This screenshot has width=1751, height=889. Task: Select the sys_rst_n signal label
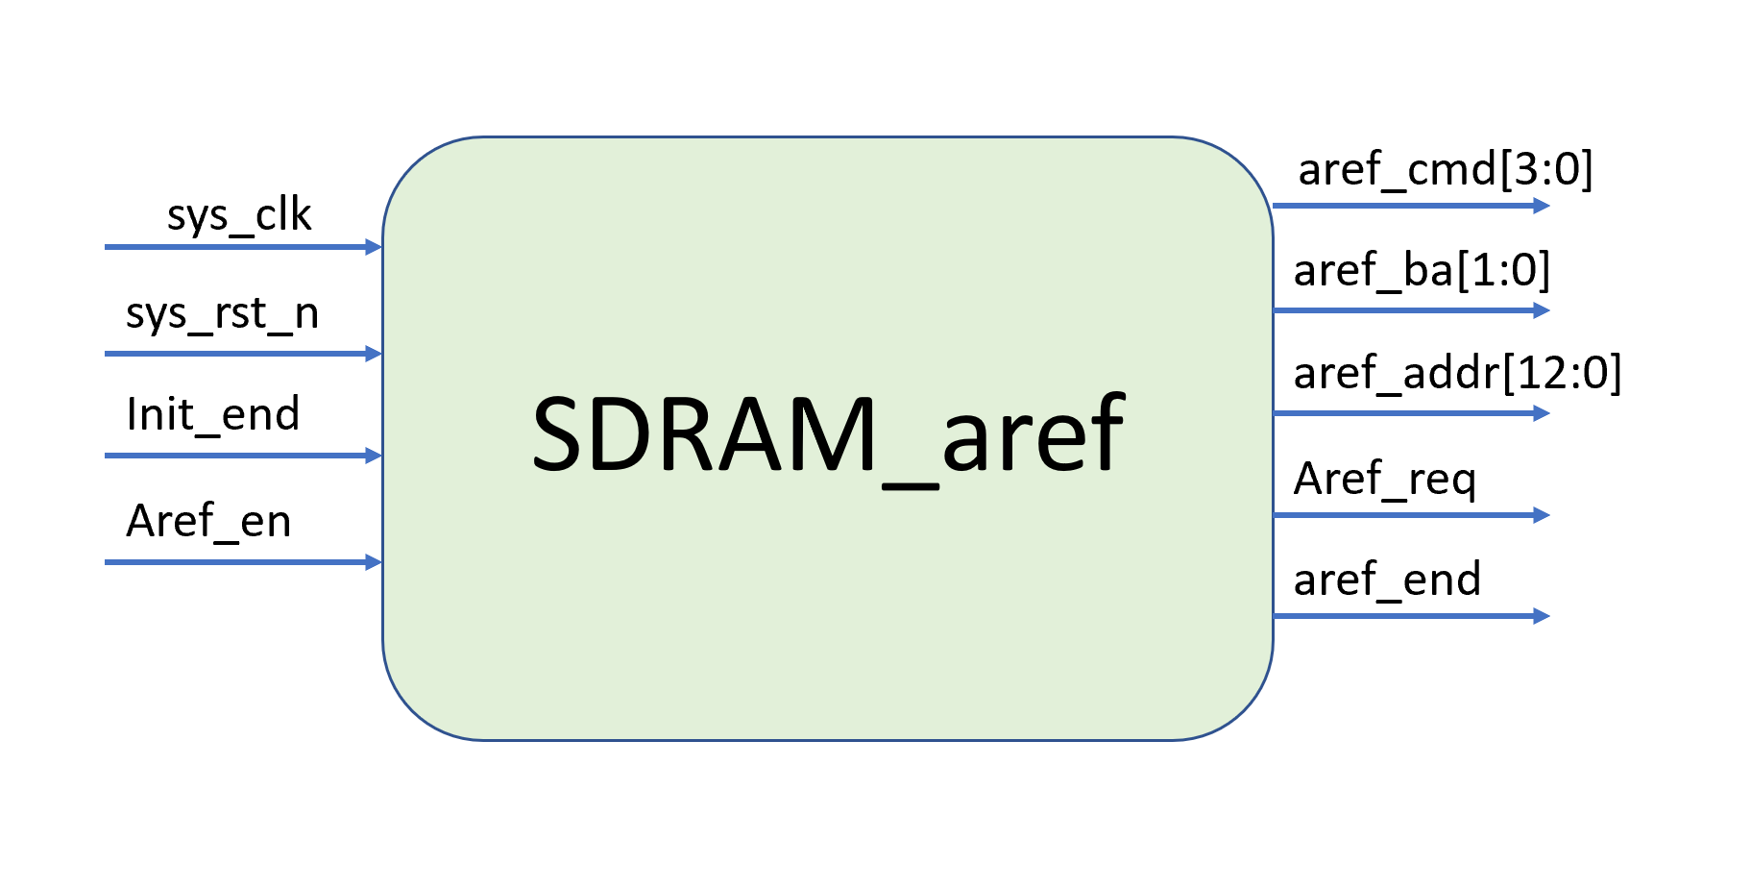click(x=222, y=314)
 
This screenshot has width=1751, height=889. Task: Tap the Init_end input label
click(x=212, y=414)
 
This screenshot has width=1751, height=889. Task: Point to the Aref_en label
click(x=208, y=521)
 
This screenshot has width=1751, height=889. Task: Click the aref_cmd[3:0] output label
click(x=1446, y=170)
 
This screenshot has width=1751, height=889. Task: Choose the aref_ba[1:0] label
click(x=1422, y=271)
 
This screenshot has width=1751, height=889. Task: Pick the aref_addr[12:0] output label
click(x=1457, y=373)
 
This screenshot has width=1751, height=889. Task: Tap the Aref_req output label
click(x=1384, y=479)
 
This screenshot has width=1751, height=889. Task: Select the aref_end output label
click(x=1387, y=580)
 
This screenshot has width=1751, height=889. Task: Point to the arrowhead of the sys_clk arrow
click(x=375, y=247)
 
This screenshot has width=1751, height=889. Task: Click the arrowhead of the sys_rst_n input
click(x=375, y=354)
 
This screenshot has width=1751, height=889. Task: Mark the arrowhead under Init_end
click(x=375, y=456)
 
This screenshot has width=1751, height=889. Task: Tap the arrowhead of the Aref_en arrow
click(x=375, y=562)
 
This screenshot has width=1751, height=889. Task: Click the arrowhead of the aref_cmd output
click(x=1542, y=206)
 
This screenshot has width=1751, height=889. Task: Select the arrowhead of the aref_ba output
click(x=1542, y=310)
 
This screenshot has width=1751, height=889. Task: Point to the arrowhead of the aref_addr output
click(x=1542, y=413)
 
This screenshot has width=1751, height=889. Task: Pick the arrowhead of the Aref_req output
click(x=1542, y=515)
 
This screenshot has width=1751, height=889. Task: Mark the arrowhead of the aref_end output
click(x=1542, y=616)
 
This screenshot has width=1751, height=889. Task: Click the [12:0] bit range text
click(x=1563, y=373)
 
